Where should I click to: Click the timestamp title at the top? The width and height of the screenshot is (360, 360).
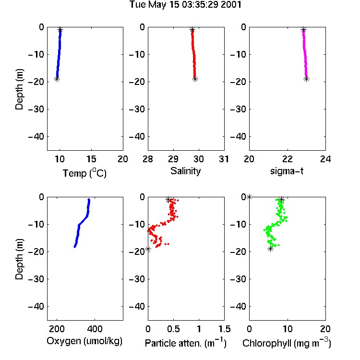click(185, 5)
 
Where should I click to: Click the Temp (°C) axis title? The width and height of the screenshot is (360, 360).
click(84, 173)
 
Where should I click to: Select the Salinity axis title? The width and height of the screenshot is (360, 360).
click(185, 171)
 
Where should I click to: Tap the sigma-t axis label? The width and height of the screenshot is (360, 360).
click(287, 171)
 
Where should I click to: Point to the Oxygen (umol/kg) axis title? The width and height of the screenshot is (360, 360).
click(84, 341)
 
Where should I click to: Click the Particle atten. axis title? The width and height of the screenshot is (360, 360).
click(186, 343)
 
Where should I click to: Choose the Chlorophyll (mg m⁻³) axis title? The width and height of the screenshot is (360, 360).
click(287, 343)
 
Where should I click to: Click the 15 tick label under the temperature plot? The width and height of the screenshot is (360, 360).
click(91, 159)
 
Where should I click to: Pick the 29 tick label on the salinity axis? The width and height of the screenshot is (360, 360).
click(173, 159)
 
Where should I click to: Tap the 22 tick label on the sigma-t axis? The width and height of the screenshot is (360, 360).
click(287, 159)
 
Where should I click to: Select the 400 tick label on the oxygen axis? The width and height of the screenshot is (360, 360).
click(95, 329)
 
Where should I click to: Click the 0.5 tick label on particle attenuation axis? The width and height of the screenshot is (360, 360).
click(173, 329)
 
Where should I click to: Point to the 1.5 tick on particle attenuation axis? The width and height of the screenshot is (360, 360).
click(224, 329)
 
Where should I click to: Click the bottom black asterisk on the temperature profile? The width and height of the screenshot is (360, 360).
click(57, 79)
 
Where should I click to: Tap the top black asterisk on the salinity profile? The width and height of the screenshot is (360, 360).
click(192, 29)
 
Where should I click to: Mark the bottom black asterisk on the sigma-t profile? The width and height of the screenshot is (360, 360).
click(307, 79)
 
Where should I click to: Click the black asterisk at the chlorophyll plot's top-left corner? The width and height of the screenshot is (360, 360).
click(249, 197)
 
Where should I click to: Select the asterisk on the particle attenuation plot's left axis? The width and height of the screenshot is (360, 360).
click(148, 249)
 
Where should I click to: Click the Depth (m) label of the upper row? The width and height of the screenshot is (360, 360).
click(19, 89)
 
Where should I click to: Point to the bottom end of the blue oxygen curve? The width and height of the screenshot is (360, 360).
click(74, 247)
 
